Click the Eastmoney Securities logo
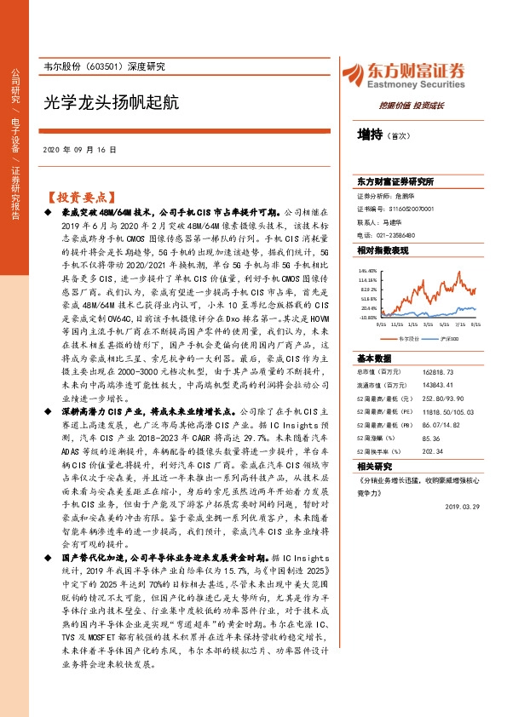point(404,74)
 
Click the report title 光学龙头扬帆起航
point(111,102)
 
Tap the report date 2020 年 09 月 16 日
point(79,150)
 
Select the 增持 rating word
point(369,135)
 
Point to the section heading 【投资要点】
point(80,193)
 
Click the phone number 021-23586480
point(393,234)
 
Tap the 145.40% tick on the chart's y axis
point(367,267)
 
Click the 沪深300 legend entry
point(451,338)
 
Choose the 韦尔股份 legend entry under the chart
point(408,338)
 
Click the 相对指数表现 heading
point(383,250)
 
